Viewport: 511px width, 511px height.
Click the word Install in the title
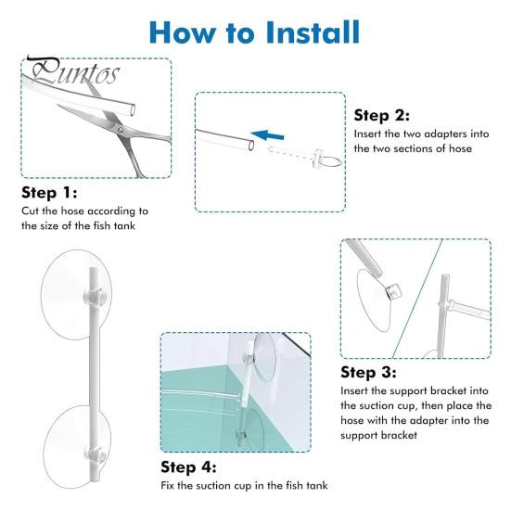tap(313, 32)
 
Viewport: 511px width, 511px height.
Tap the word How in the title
tap(183, 32)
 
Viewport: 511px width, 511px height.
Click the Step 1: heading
tap(49, 193)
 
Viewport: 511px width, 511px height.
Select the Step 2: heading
tap(381, 115)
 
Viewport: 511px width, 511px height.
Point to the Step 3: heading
tap(368, 372)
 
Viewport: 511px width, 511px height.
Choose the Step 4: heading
tap(188, 467)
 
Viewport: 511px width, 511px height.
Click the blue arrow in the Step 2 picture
tap(268, 134)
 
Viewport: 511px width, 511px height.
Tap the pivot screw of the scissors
tap(121, 130)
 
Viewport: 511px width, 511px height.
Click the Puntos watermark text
tap(73, 70)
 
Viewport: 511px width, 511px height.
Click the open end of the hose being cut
tap(133, 109)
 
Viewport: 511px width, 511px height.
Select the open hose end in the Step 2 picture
tap(251, 146)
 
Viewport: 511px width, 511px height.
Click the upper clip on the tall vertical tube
tap(94, 295)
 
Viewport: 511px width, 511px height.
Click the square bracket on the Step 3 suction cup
tap(393, 291)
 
